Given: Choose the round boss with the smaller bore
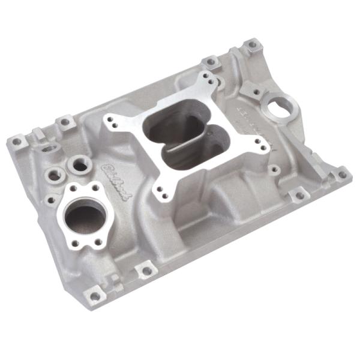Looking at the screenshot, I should click(55, 175).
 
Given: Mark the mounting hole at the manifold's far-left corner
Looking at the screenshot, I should click(16, 142).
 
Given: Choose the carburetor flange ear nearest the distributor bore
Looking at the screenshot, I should click(260, 143).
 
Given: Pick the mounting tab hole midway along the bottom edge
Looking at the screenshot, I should click(146, 271).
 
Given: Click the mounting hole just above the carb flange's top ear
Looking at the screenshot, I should click(211, 61).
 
